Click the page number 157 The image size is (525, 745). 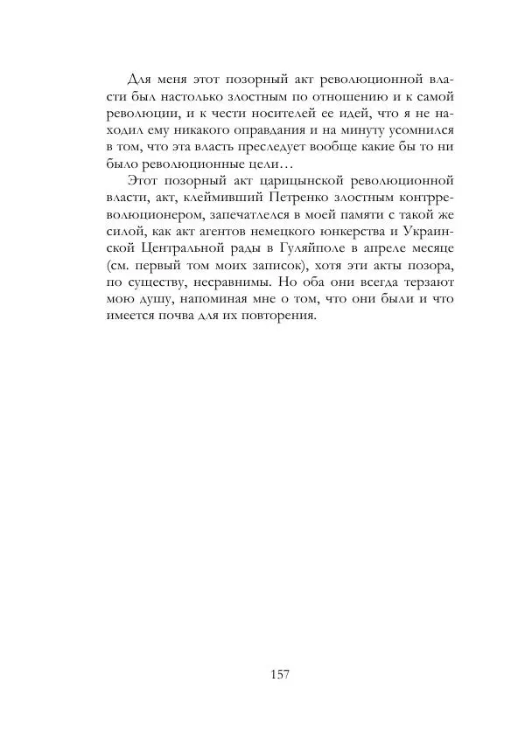click(x=281, y=673)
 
